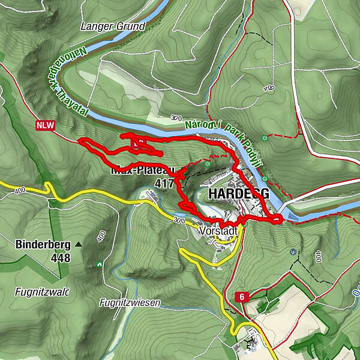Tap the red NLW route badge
45,125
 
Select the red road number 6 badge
241,296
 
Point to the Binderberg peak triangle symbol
79,245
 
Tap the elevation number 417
164,183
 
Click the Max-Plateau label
142,170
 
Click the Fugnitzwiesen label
130,303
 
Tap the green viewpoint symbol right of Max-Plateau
208,163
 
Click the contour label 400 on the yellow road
18,190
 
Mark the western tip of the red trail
80,140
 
